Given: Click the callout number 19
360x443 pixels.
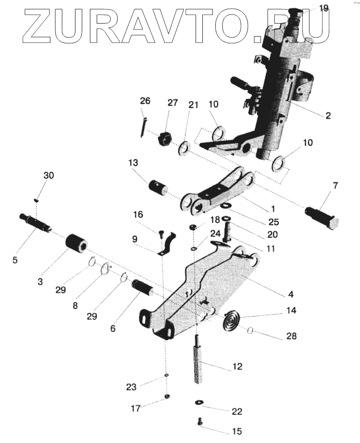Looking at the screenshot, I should tap(323, 8).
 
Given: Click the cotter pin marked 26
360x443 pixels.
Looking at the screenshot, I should tap(145, 128).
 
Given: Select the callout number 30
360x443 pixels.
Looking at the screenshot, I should tap(49, 175).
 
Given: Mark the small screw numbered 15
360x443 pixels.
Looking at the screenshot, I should tap(200, 421).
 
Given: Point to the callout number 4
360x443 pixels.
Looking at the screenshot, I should tap(291, 293).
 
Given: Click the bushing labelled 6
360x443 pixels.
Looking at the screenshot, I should tap(142, 289).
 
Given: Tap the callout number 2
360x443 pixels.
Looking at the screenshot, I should tap(327, 115).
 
